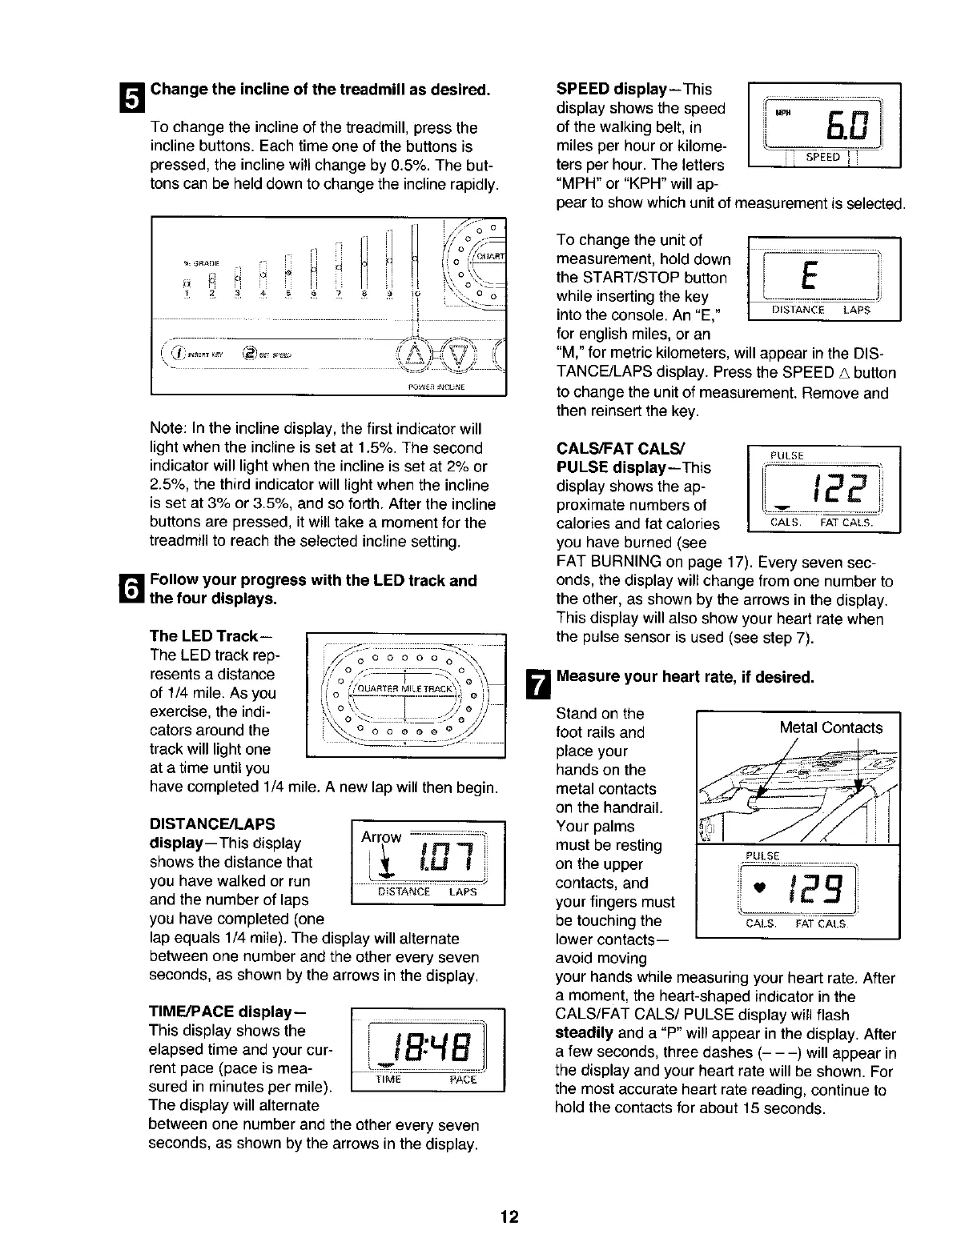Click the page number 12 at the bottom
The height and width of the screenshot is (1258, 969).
coord(509,1218)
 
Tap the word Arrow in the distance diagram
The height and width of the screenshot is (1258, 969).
coord(381,837)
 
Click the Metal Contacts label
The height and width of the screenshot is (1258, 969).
coord(831,727)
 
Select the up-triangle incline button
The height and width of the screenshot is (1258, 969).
coord(417,352)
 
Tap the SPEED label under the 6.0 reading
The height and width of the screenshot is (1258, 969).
coord(822,158)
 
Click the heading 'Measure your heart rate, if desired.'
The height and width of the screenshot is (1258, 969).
coord(685,678)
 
